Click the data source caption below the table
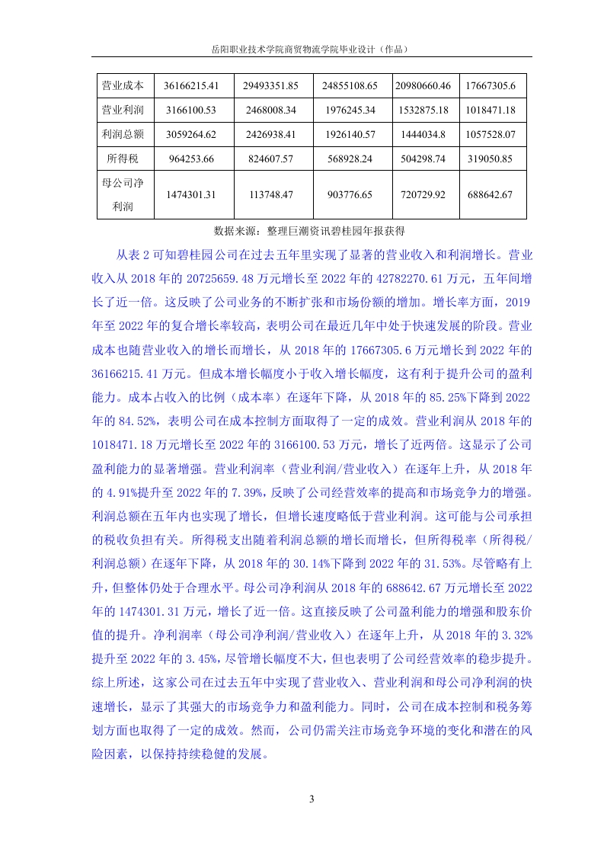(x=309, y=230)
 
